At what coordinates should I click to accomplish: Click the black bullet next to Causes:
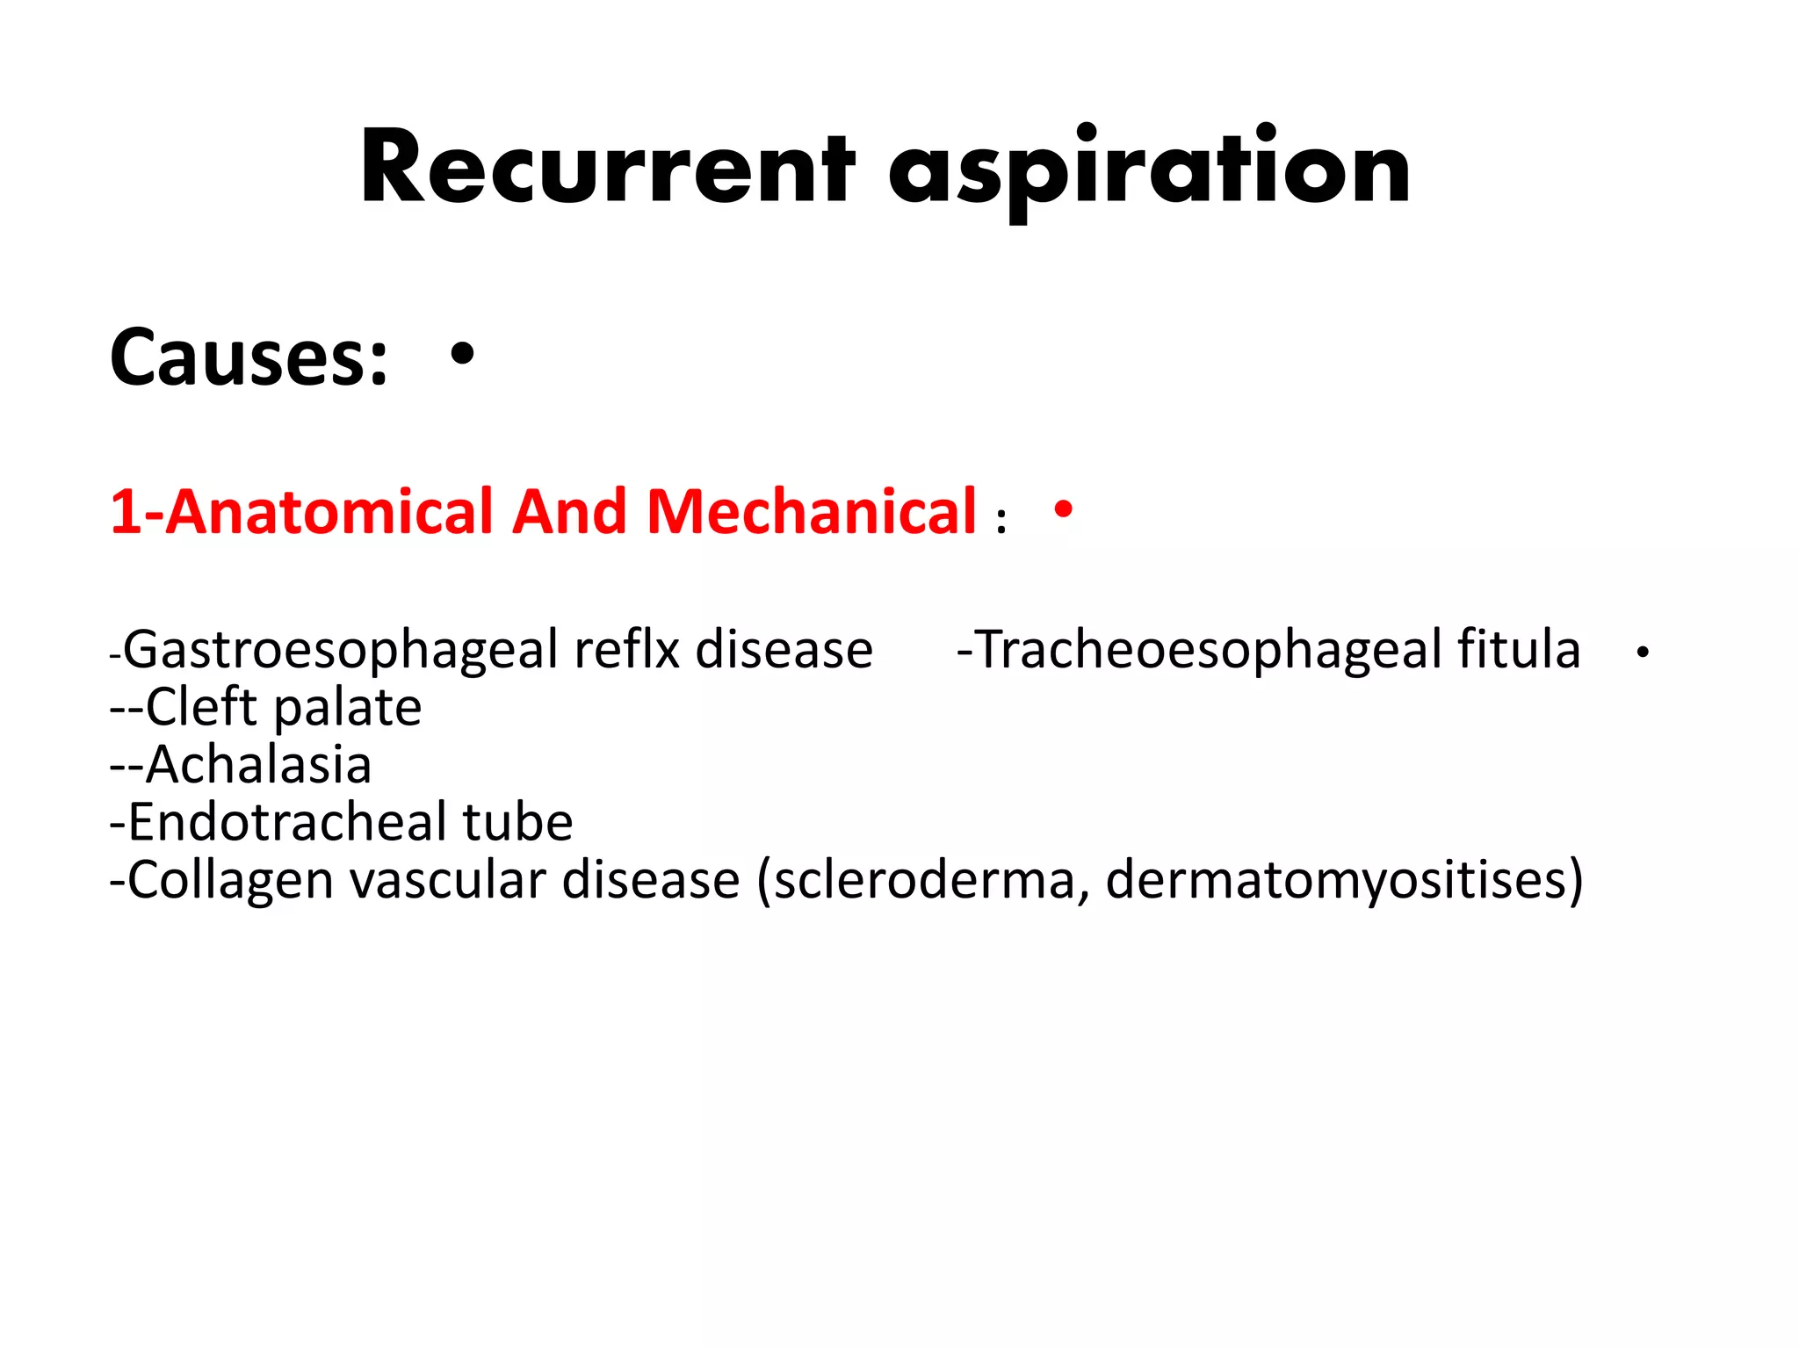462,354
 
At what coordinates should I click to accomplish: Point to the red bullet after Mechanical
1064,509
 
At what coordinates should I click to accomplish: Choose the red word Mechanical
812,512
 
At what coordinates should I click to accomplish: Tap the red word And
569,512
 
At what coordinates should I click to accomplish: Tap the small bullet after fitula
1643,653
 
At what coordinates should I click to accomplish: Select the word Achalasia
258,764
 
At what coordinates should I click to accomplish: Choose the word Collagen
230,881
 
